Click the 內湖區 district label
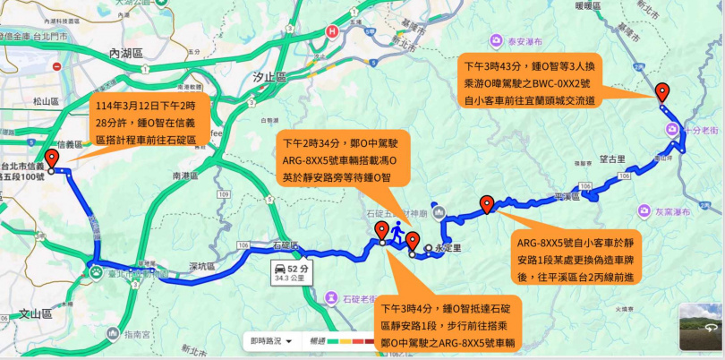coord(125,53)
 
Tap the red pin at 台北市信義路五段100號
coord(51,159)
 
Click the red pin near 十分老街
coord(661,91)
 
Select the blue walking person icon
coord(395,227)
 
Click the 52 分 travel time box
coord(294,272)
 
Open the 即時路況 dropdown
coord(271,340)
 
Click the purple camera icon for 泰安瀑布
coord(495,39)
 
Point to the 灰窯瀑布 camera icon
coord(644,211)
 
